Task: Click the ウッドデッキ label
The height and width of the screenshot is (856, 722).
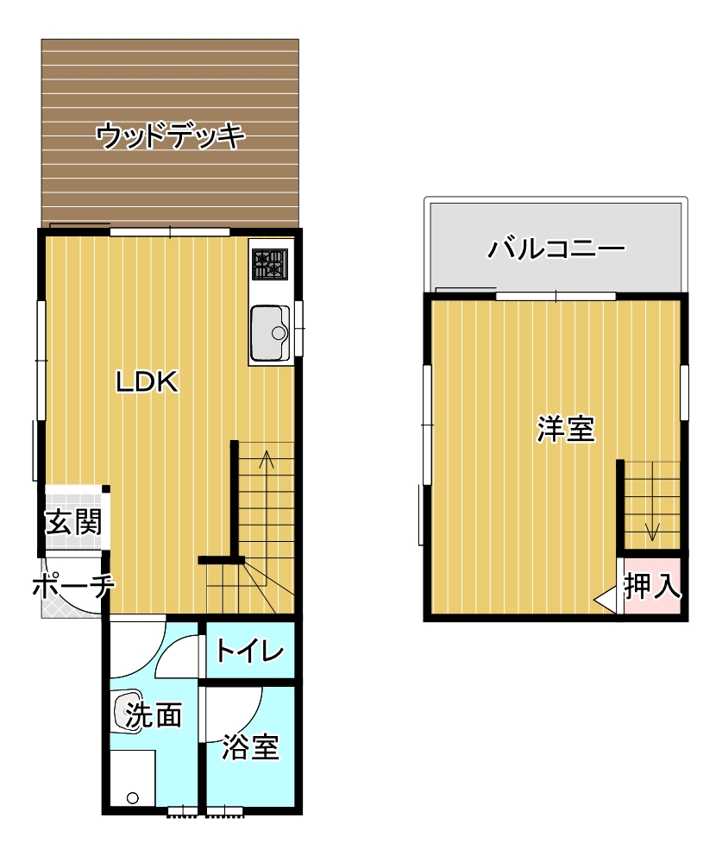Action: [x=170, y=135]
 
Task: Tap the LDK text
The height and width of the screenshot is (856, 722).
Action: [x=147, y=382]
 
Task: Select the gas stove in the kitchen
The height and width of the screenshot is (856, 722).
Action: [x=270, y=263]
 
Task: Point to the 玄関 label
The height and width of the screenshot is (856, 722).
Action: [x=73, y=522]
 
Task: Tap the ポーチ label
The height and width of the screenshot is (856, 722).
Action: [x=73, y=586]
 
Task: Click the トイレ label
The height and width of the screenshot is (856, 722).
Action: [x=250, y=651]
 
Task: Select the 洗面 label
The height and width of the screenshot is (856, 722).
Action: [x=154, y=714]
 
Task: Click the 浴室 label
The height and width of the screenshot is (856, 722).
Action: [x=250, y=746]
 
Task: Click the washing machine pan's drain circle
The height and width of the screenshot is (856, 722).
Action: [x=133, y=798]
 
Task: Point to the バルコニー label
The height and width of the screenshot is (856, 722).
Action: [x=556, y=249]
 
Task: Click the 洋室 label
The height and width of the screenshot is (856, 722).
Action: [x=566, y=429]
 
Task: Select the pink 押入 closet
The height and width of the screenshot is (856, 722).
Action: [x=652, y=585]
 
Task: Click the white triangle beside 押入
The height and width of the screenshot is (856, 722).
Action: [x=606, y=600]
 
